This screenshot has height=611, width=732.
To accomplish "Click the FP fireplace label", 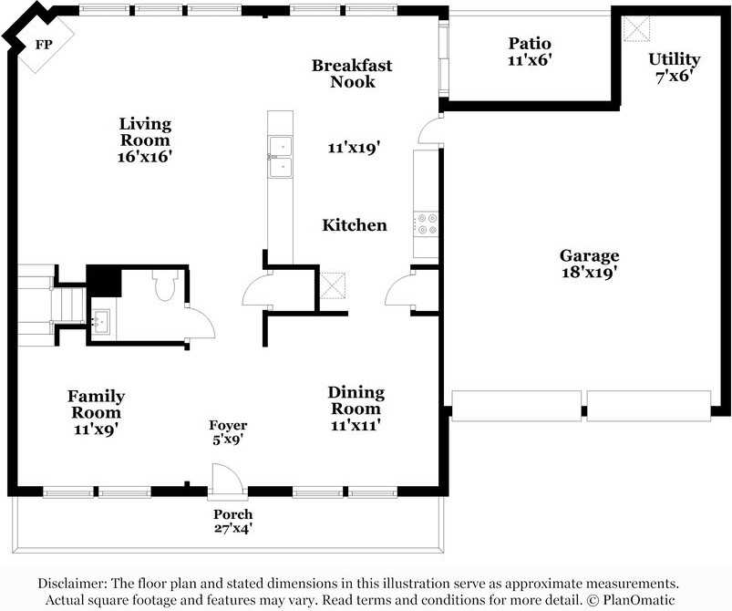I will click(x=42, y=44).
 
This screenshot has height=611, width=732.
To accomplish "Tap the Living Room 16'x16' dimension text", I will click(x=145, y=156).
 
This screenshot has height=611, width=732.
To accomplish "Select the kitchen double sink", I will click(x=280, y=157).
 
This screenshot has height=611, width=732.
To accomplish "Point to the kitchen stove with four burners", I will click(x=427, y=223).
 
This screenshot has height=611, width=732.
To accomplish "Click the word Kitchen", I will click(x=355, y=225).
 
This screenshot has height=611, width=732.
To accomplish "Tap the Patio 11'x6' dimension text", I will click(x=530, y=60).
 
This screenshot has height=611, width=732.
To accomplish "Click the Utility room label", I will click(x=675, y=59).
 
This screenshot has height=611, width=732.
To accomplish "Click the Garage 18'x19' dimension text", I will click(x=589, y=272).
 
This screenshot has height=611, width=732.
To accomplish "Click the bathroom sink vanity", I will click(x=101, y=321).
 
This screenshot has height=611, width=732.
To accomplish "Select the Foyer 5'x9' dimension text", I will click(x=228, y=440).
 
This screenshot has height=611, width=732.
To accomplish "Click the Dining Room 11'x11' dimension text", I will click(x=356, y=425).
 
